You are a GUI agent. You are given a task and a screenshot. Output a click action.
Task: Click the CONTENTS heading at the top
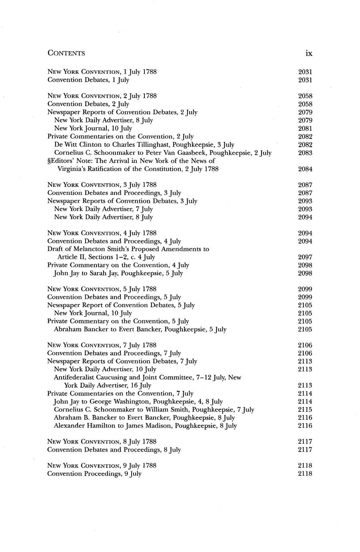[x=66, y=53]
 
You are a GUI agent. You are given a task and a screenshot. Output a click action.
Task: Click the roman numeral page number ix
[x=308, y=53]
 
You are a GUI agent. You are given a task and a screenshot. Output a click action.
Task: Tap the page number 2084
[x=305, y=169]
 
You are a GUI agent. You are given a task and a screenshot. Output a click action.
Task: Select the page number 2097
[x=305, y=257]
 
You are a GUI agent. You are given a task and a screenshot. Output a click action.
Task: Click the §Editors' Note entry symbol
[x=49, y=161]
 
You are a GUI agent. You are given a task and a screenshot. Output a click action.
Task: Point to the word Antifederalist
[x=75, y=377]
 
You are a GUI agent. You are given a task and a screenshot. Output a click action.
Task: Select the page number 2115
[x=305, y=410]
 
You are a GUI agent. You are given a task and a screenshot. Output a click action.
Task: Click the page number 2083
[x=305, y=153]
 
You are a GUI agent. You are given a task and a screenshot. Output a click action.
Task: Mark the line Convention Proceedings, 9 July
[x=94, y=474]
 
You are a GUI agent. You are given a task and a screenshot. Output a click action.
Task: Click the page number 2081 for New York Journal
[x=305, y=128]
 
